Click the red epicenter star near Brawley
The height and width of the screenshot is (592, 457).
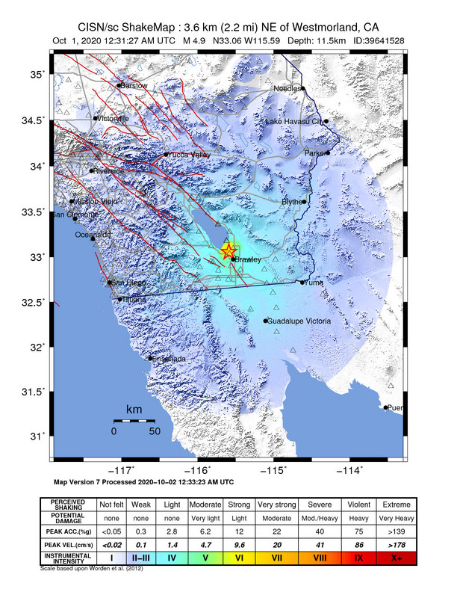228,252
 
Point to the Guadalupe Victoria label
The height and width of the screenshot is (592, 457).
299,321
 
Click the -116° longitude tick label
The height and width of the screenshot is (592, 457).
199,470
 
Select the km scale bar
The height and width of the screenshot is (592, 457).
134,422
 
